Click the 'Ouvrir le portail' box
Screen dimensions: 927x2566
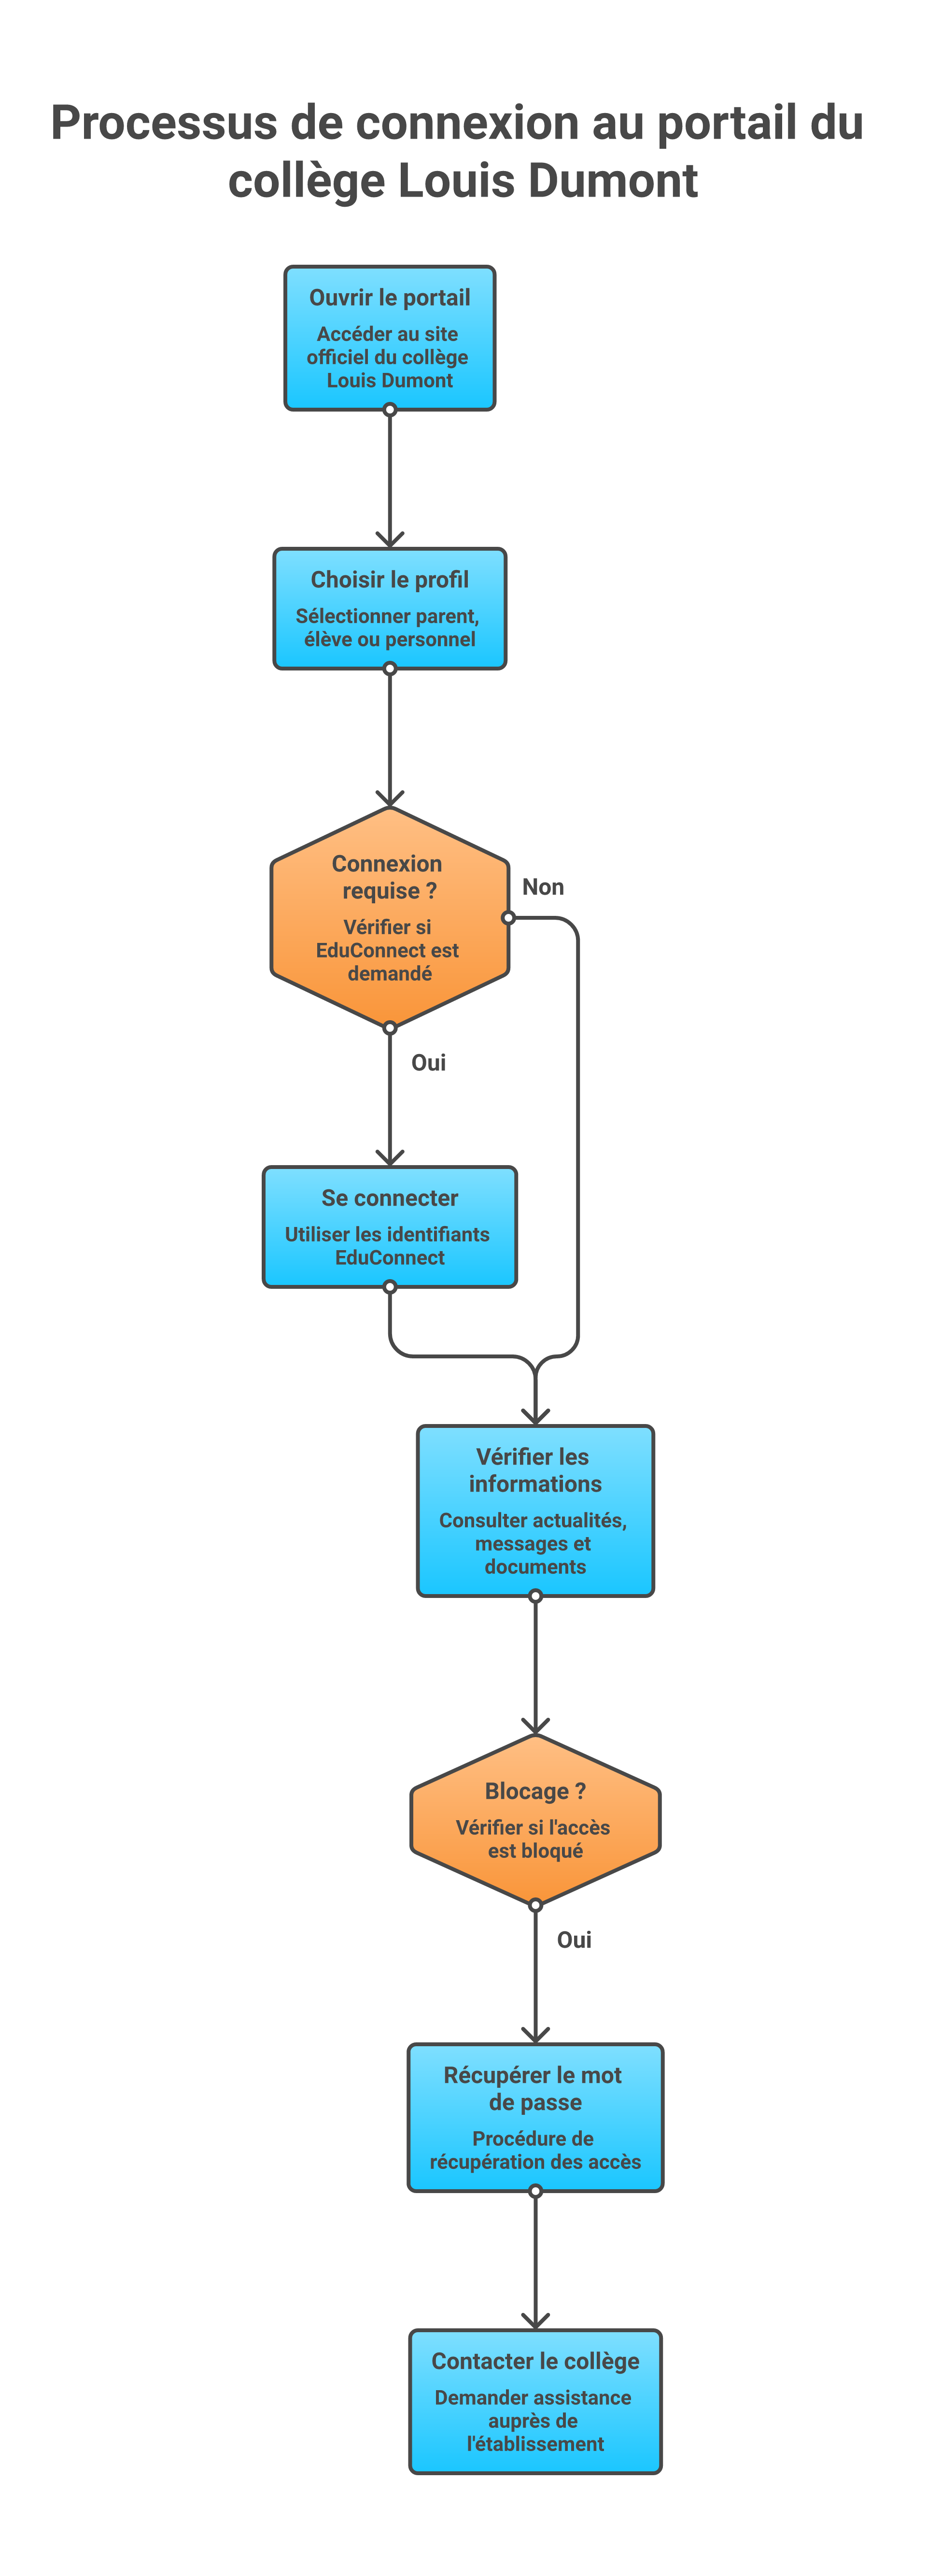(x=389, y=338)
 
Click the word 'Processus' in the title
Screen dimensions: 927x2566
(x=164, y=124)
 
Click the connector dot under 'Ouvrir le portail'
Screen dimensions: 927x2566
(x=389, y=410)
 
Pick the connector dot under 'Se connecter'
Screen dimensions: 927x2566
(x=389, y=1287)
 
